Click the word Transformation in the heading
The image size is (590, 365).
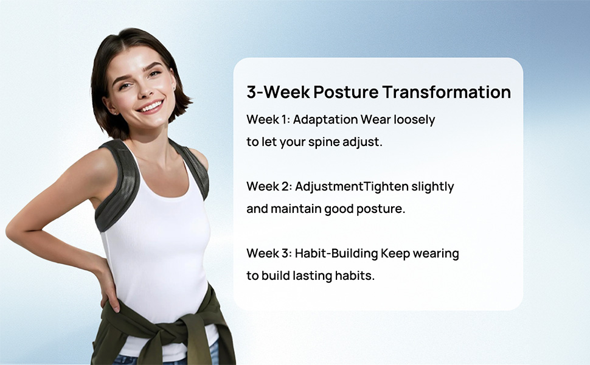446,92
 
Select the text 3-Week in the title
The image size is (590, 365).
278,92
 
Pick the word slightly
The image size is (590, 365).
433,187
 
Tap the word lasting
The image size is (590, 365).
312,276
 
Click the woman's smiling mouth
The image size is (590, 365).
150,107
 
